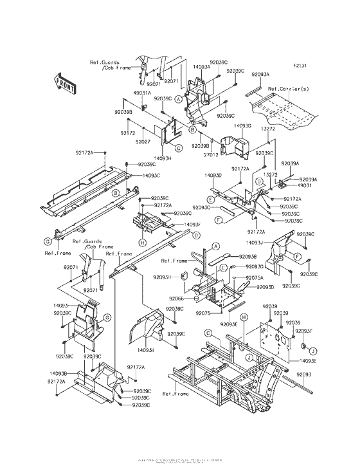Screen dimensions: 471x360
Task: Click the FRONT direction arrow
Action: click(66, 84)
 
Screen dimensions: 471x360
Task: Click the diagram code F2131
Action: click(300, 66)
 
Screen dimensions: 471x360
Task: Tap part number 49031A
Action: click(142, 92)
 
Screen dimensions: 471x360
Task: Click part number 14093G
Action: click(242, 126)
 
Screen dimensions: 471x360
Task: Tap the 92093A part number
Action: click(261, 75)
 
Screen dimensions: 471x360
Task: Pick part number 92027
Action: click(143, 141)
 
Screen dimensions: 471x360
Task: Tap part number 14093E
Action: click(308, 361)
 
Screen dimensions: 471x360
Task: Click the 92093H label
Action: click(162, 277)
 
